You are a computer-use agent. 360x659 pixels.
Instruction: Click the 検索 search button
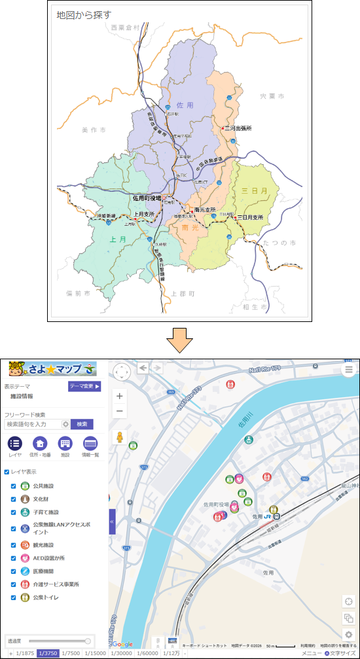pyautogui.click(x=82, y=424)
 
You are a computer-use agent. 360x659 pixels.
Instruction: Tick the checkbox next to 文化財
pyautogui.click(x=13, y=499)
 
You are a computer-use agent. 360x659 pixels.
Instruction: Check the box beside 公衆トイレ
pyautogui.click(x=13, y=597)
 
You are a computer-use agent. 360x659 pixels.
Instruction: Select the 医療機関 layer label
pyautogui.click(x=46, y=571)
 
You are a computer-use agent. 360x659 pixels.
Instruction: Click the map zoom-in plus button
pyautogui.click(x=120, y=396)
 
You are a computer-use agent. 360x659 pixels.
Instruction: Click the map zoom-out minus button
pyautogui.click(x=120, y=411)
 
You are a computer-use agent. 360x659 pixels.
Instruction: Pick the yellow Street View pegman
pyautogui.click(x=120, y=437)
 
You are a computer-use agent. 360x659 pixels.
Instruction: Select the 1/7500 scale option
pyautogui.click(x=71, y=653)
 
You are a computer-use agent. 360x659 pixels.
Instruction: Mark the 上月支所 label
pyautogui.click(x=143, y=213)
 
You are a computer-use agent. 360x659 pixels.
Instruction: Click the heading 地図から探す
pyautogui.click(x=84, y=14)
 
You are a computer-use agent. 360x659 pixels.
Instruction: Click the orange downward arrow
pyautogui.click(x=179, y=340)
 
